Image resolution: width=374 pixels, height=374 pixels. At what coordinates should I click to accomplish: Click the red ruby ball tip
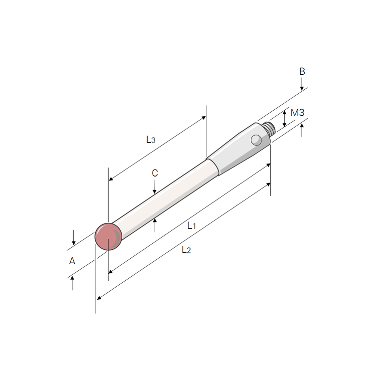(109, 236)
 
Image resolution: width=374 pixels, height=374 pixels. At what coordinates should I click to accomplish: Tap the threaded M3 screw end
(270, 128)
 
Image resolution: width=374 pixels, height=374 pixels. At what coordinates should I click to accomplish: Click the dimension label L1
(191, 226)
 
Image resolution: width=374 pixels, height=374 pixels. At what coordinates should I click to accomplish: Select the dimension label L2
(186, 250)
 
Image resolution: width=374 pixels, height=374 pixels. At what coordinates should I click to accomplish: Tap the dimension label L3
(151, 140)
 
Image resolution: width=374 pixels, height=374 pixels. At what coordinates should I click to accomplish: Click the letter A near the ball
(72, 260)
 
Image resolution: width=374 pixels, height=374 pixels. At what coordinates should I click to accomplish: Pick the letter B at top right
(302, 71)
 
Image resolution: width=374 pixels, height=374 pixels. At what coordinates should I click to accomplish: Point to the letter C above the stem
(155, 173)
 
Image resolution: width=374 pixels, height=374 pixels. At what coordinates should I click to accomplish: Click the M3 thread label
(297, 113)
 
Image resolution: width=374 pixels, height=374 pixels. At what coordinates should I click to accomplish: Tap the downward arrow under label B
(302, 87)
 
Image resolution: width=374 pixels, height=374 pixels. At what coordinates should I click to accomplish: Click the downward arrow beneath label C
(155, 189)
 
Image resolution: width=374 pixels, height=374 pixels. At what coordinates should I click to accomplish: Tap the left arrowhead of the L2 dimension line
(99, 298)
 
